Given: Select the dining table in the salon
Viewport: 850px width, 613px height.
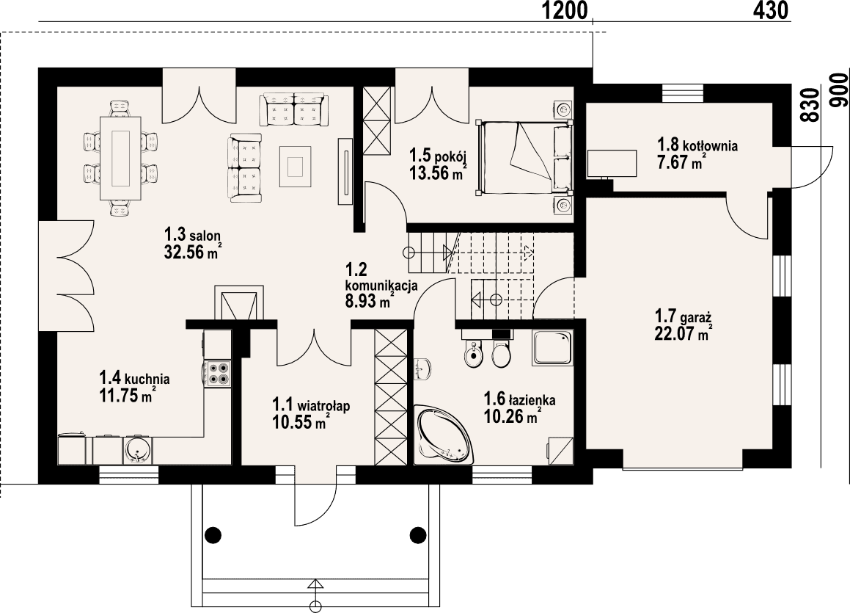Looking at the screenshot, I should pos(120,157).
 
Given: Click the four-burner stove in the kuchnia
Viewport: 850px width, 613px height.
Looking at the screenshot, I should pos(218,373).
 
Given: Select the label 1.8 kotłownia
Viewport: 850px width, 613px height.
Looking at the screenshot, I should pos(697,145).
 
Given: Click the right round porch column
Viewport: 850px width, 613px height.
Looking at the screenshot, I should pos(418,534).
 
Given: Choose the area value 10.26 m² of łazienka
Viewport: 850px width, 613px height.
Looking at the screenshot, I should pos(512,417).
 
